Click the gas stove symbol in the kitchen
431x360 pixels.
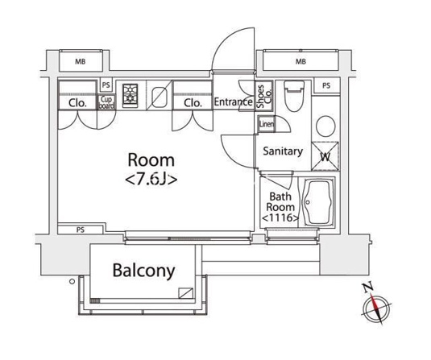130,95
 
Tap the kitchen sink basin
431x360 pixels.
160,97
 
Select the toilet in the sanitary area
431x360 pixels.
294,96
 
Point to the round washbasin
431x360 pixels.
325,126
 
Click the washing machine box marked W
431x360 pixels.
325,156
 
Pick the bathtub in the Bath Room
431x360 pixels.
318,202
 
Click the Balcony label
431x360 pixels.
143,271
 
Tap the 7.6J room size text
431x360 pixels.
151,180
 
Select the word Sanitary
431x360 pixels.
283,151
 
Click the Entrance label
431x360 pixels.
233,102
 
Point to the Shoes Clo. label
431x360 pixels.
264,96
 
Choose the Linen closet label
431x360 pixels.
267,124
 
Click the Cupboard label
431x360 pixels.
106,102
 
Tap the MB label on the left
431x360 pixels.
81,61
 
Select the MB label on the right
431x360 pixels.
300,61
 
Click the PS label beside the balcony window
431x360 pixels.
81,230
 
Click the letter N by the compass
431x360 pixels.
368,288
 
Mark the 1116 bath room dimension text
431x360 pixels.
280,218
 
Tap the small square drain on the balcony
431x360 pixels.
185,293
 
